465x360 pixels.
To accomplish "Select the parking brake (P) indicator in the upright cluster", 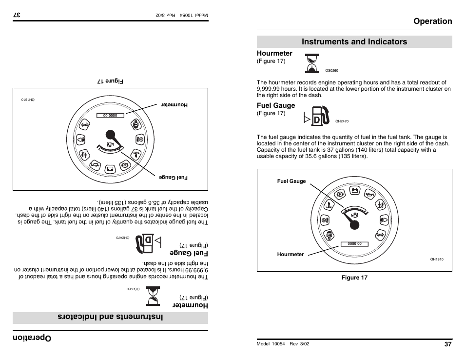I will click(341, 194).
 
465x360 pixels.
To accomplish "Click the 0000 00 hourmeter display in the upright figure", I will click(354, 244).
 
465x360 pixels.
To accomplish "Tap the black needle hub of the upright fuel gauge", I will click(354, 225).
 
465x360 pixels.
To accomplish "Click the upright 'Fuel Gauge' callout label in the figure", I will click(291, 181).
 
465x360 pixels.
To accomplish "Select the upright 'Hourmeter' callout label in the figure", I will click(291, 254).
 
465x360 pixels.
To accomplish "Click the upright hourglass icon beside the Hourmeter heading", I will click(312, 63).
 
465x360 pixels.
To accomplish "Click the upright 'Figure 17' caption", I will click(354, 278).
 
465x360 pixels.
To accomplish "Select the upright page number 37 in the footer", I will click(448, 343).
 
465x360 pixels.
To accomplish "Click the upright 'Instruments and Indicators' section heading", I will click(354, 41).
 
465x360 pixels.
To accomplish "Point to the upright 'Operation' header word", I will click(432, 21).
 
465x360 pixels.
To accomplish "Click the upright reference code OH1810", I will click(437, 260).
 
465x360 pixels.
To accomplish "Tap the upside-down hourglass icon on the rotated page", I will click(153, 297).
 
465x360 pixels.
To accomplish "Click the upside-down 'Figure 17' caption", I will click(110, 81).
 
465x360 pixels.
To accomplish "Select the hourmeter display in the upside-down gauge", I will click(110, 115).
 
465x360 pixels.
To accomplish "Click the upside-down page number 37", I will click(17, 15).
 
